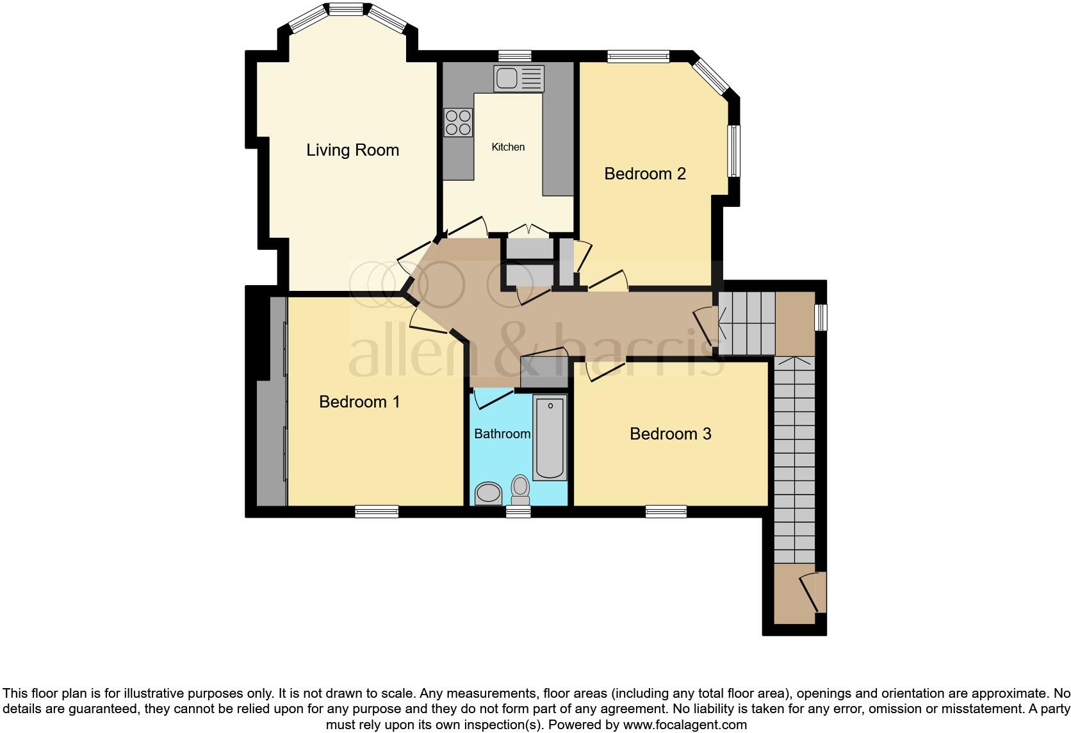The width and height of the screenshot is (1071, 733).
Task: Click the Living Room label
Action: [352, 150]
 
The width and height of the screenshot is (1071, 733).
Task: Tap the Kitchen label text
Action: [508, 147]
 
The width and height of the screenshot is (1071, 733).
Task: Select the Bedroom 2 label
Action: [645, 174]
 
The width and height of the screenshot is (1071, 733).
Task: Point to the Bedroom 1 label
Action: [359, 402]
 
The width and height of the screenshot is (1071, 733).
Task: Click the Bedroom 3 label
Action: [670, 434]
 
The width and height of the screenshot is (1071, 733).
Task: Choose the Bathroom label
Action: [502, 434]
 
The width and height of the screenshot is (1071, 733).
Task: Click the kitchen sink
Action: [519, 78]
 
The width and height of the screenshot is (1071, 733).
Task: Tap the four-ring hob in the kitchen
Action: [458, 122]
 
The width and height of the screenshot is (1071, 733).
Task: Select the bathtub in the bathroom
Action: [550, 438]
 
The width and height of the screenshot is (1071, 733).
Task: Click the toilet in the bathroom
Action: [520, 490]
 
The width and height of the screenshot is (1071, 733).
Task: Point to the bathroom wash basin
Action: [488, 493]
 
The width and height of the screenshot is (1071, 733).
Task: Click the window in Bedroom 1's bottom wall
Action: [377, 511]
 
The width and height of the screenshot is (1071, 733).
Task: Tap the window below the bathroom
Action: [519, 511]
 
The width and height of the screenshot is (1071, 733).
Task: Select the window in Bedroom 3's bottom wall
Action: [666, 511]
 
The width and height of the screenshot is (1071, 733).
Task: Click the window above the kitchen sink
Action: [515, 56]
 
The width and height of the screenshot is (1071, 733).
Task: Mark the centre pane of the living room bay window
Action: [346, 9]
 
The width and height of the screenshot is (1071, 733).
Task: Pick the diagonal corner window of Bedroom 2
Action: [712, 76]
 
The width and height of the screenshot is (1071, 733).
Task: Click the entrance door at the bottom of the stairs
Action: [813, 592]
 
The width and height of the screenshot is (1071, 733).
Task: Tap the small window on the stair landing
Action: [821, 318]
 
